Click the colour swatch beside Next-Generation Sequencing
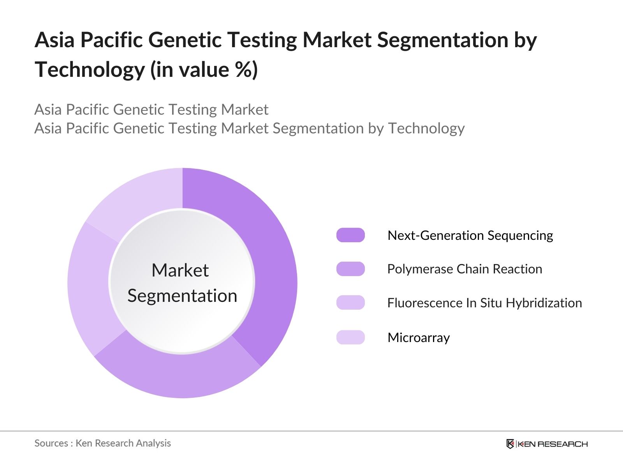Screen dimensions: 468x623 (350, 235)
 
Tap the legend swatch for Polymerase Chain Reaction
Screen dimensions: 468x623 (350, 269)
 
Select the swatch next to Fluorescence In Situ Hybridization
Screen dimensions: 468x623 (350, 303)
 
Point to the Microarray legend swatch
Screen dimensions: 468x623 (350, 337)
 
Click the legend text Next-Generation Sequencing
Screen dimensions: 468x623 (470, 235)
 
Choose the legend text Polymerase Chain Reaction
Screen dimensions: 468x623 (465, 269)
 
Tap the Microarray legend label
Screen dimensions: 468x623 (419, 337)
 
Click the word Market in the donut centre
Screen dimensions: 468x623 (180, 270)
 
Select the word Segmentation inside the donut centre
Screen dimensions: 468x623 (182, 296)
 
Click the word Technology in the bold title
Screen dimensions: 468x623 (90, 70)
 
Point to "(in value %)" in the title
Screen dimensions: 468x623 (204, 70)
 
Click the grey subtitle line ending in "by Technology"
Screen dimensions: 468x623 (249, 128)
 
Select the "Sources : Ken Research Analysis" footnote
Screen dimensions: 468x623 (102, 443)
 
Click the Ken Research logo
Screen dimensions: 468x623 (547, 444)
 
